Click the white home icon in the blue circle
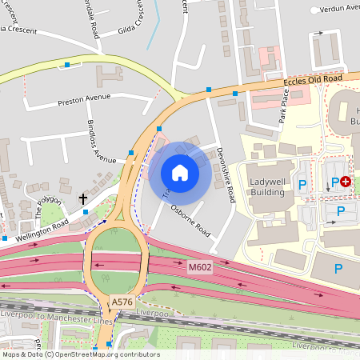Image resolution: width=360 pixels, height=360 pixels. coord(180,172)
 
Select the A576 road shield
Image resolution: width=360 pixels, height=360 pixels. coord(122,301)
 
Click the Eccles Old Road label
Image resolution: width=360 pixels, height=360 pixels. coord(314,80)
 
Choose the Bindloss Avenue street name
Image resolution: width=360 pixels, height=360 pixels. coord(101,142)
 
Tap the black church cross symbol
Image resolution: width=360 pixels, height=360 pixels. coord(82,198)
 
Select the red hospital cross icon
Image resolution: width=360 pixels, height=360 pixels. coord(346,182)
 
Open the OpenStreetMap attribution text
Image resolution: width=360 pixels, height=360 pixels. coord(80,354)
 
